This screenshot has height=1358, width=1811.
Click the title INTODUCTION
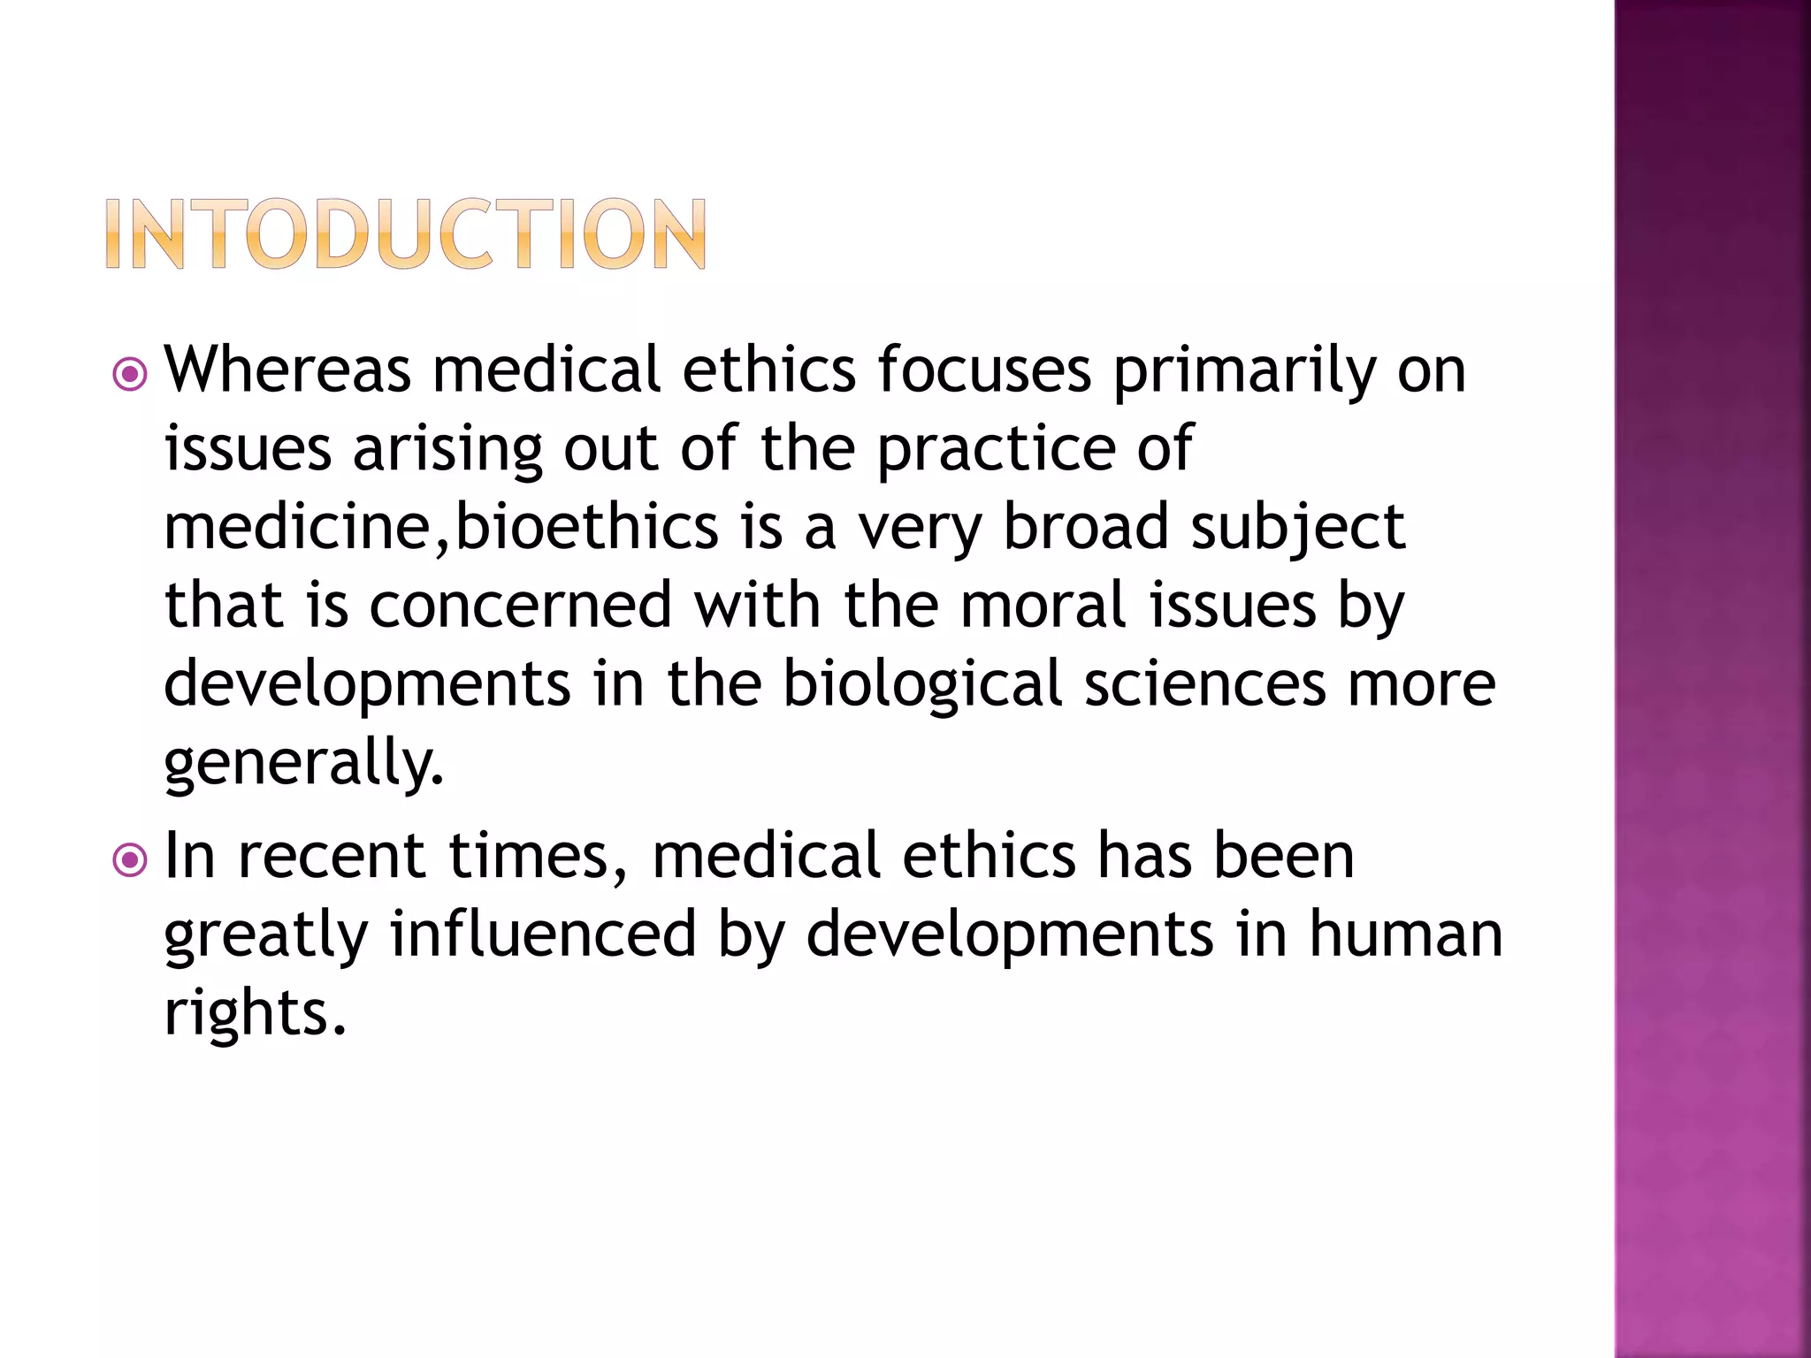coord(406,233)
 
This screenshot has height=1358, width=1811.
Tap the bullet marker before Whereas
coord(130,375)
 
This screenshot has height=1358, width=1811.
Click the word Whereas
coord(287,369)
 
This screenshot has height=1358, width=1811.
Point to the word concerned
coord(521,606)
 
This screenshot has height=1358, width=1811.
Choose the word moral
coord(1043,606)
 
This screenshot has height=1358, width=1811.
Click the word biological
coord(922,685)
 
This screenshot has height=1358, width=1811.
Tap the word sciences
coord(1205,685)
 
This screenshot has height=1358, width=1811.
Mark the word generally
coord(303,763)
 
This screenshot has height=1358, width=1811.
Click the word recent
coord(332,856)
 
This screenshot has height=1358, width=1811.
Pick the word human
coord(1405,934)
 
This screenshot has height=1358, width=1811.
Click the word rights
coord(255,1013)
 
